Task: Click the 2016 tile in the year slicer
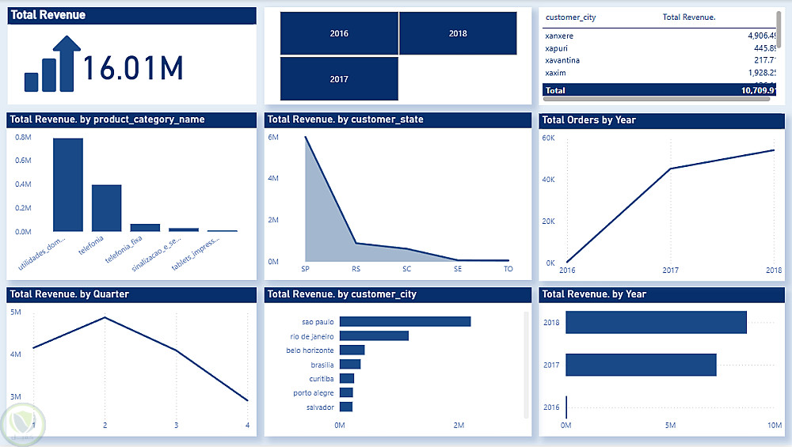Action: pos(339,33)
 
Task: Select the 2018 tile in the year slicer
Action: pos(457,33)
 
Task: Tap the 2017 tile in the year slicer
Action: pos(339,79)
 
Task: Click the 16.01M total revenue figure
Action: pos(133,69)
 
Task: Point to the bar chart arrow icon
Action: pos(53,64)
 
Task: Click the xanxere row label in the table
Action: pos(561,36)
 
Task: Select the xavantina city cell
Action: pos(562,60)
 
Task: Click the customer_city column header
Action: pos(570,17)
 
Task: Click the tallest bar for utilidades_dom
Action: pos(68,184)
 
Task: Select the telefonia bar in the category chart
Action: pos(106,207)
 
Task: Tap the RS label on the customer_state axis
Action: pos(356,269)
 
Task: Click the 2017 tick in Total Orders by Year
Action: pos(670,271)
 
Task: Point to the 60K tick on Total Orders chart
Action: pos(548,138)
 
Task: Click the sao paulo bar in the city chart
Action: pos(405,322)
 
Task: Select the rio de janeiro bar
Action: pos(374,336)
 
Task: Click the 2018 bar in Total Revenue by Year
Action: pos(656,322)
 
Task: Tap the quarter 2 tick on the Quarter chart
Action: pos(105,426)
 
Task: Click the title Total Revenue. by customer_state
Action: pos(345,119)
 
